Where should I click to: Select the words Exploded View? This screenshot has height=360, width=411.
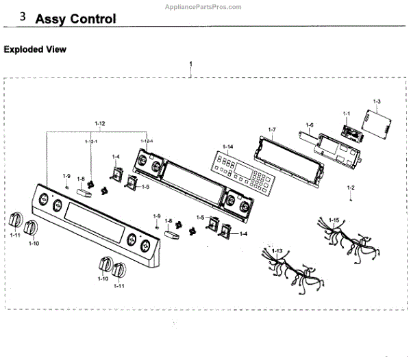pyautogui.click(x=35, y=50)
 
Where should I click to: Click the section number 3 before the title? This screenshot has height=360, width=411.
pyautogui.click(x=23, y=16)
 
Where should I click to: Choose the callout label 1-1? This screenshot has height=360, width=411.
pyautogui.click(x=347, y=113)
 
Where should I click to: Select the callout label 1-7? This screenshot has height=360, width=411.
pyautogui.click(x=272, y=129)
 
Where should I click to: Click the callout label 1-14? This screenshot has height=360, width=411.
pyautogui.click(x=226, y=147)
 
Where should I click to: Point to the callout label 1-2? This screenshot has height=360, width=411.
pyautogui.click(x=351, y=188)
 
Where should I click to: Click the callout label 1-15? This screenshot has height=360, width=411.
pyautogui.click(x=334, y=220)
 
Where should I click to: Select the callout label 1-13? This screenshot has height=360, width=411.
pyautogui.click(x=277, y=251)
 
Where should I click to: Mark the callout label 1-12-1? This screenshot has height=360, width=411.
pyautogui.click(x=91, y=141)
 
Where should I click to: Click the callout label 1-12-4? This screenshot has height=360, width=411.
pyautogui.click(x=147, y=141)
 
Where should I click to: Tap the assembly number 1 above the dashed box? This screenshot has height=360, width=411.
pyautogui.click(x=191, y=63)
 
